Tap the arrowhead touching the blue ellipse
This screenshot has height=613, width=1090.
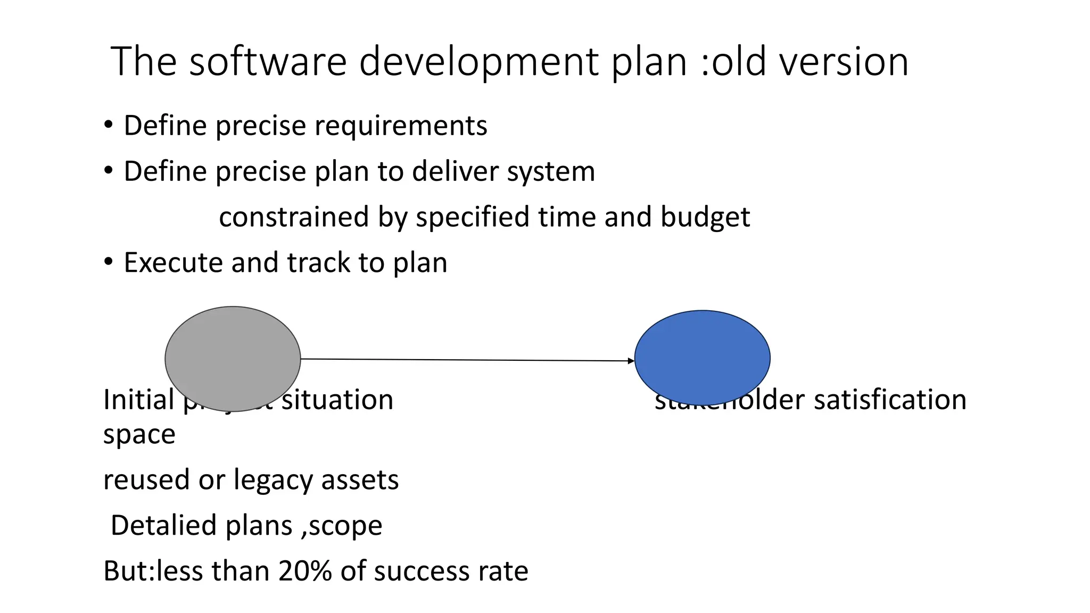click(x=631, y=361)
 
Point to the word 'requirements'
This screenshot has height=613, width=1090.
click(x=401, y=126)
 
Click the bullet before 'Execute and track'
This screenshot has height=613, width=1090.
click(x=109, y=261)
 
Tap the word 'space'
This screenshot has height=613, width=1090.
click(x=139, y=435)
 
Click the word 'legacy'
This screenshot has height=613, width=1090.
click(x=274, y=480)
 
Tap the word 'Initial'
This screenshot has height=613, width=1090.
click(x=138, y=400)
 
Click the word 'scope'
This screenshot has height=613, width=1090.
click(x=345, y=526)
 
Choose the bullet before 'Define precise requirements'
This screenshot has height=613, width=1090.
click(x=109, y=125)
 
